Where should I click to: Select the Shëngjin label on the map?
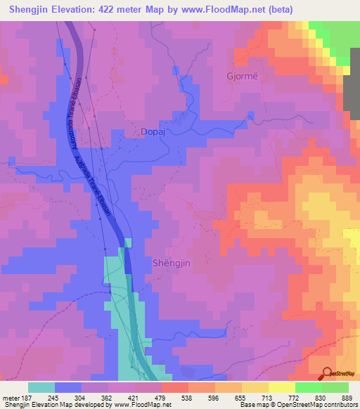[x=171, y=262]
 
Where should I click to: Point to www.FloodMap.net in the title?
[x=229, y=9]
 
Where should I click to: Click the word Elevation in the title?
[x=89, y=9]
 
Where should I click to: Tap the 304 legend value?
[x=79, y=396]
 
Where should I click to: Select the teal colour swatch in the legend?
[x=41, y=387]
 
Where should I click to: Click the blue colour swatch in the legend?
[x=68, y=387]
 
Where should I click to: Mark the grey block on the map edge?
[x=351, y=92]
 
